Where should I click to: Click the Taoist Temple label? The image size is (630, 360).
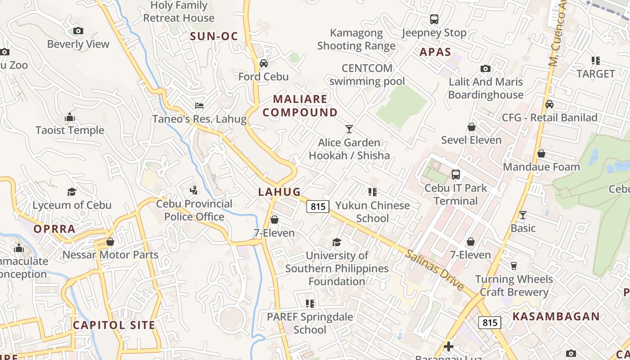(70, 130)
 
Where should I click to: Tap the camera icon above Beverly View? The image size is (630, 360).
(78, 31)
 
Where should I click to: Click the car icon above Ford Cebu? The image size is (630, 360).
(264, 63)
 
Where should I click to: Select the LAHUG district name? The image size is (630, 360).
(279, 192)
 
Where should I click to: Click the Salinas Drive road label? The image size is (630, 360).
(434, 270)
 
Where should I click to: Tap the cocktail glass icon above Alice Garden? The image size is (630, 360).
(349, 129)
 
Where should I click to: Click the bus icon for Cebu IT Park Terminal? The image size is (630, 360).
(456, 175)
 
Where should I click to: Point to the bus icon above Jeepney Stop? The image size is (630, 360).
(434, 19)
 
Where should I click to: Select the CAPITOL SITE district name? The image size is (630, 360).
(114, 325)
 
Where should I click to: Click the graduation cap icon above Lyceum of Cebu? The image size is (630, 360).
(72, 192)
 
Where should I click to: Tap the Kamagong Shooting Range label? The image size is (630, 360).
(356, 39)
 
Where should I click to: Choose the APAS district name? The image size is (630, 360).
(435, 52)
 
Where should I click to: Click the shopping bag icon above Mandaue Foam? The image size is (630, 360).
(541, 154)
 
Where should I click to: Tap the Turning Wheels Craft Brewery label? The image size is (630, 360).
(514, 285)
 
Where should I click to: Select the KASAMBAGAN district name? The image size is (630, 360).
(556, 316)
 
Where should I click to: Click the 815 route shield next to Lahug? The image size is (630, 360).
(318, 207)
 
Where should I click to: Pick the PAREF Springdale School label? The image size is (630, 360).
(310, 323)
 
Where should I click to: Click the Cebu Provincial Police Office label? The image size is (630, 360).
(194, 210)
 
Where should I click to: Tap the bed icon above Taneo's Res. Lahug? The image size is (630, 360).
(199, 106)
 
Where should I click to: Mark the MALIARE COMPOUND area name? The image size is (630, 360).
(300, 105)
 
